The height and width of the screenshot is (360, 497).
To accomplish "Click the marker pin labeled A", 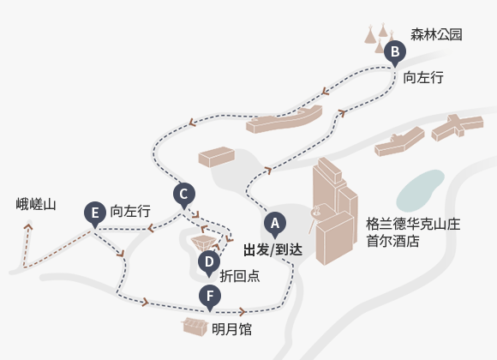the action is click(x=275, y=224).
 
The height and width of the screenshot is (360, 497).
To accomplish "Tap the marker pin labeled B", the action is click(x=395, y=52).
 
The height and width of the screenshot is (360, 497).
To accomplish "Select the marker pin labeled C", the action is click(x=184, y=195).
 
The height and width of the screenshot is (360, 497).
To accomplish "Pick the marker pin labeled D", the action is click(x=209, y=262).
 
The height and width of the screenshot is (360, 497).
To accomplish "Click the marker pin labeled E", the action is click(x=95, y=213).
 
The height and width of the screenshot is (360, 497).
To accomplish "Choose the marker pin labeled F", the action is click(x=210, y=297).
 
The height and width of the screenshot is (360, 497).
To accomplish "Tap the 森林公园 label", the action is click(x=436, y=34).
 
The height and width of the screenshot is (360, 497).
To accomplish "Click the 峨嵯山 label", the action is click(x=36, y=204).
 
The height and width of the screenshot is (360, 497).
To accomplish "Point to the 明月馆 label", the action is click(x=231, y=329).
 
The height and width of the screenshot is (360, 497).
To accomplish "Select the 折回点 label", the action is click(x=240, y=276).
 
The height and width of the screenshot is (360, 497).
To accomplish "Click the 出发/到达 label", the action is click(x=272, y=250).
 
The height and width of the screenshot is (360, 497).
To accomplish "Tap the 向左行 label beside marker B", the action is click(x=423, y=77).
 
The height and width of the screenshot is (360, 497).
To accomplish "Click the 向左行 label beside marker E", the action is click(x=130, y=211).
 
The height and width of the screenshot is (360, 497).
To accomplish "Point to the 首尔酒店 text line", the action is click(x=392, y=241).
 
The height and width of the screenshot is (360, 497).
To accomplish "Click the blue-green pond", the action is click(x=420, y=190).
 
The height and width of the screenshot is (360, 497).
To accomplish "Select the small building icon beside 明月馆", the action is click(x=195, y=327).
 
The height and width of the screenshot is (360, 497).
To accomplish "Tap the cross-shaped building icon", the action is click(x=458, y=128).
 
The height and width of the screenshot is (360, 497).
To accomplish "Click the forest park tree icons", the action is click(x=380, y=38).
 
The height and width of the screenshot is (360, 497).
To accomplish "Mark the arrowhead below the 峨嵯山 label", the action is click(x=28, y=226).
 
